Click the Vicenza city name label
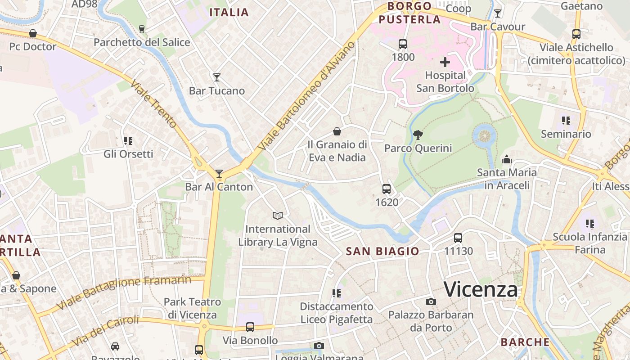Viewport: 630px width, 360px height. (481, 289)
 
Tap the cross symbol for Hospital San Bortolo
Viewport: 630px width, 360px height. (445, 62)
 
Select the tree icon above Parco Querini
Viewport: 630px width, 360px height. (418, 134)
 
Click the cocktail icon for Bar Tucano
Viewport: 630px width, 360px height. (216, 77)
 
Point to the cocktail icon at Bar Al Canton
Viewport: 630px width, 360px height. (219, 173)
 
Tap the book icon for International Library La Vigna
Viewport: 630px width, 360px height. (278, 216)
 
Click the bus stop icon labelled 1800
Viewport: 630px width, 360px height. (403, 44)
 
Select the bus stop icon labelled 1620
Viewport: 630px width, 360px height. (387, 189)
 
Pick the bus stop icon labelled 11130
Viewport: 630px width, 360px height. (458, 238)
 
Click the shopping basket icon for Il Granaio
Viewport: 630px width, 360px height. (337, 131)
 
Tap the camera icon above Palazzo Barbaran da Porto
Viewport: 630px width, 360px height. (431, 301)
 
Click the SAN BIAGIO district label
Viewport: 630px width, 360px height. (382, 251)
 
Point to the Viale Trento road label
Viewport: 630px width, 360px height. (154, 103)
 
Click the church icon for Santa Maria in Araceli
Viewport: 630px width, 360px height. (507, 159)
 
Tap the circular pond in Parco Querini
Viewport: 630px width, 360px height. (485, 135)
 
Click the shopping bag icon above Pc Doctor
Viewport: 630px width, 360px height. (32, 34)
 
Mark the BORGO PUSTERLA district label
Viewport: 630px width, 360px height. (409, 13)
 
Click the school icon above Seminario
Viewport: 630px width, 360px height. (566, 121)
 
